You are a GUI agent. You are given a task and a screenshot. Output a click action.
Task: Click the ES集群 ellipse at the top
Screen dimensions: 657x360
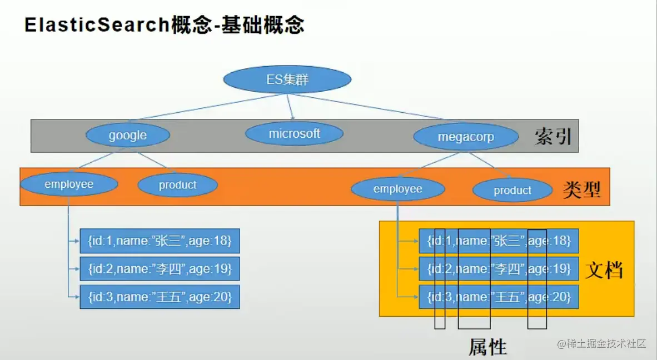click(x=287, y=79)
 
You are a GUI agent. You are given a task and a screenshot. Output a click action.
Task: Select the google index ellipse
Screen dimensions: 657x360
click(x=128, y=135)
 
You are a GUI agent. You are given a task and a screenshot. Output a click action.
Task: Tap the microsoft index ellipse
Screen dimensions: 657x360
click(x=294, y=133)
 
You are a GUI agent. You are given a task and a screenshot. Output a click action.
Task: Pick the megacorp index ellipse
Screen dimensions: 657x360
click(x=466, y=137)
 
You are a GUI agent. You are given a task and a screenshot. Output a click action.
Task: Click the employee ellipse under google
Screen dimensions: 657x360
click(x=69, y=184)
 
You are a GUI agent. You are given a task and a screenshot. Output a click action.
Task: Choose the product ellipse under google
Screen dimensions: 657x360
click(x=178, y=185)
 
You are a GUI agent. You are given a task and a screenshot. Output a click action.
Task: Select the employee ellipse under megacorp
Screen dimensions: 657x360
click(x=397, y=189)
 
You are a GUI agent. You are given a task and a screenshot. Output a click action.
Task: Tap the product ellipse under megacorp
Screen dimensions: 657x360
click(x=512, y=190)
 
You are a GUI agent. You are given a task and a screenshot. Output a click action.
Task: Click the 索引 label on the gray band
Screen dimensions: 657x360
click(x=553, y=137)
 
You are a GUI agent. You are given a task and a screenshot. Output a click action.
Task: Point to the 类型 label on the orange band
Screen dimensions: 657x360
click(x=581, y=190)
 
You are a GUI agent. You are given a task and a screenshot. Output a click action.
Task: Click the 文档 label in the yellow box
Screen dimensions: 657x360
click(x=604, y=270)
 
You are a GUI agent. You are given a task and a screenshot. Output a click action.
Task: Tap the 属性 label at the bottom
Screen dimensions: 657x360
click(x=487, y=347)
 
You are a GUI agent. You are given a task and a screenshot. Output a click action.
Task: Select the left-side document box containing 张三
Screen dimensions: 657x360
click(x=160, y=241)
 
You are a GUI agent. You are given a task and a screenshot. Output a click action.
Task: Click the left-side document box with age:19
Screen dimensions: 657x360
click(x=160, y=269)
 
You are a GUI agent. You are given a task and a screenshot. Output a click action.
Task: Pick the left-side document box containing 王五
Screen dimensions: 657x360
click(x=160, y=297)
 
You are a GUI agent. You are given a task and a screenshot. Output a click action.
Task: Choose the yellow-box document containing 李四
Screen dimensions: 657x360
click(x=499, y=269)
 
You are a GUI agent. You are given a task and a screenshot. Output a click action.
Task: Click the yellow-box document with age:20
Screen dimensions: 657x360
click(x=499, y=297)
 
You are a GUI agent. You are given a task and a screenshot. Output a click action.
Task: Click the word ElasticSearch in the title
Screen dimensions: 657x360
click(x=97, y=24)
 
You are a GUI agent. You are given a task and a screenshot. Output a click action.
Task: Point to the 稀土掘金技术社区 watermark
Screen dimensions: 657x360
click(x=601, y=344)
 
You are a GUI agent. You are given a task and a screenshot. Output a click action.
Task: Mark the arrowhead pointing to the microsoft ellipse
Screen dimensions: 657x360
click(x=293, y=118)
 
